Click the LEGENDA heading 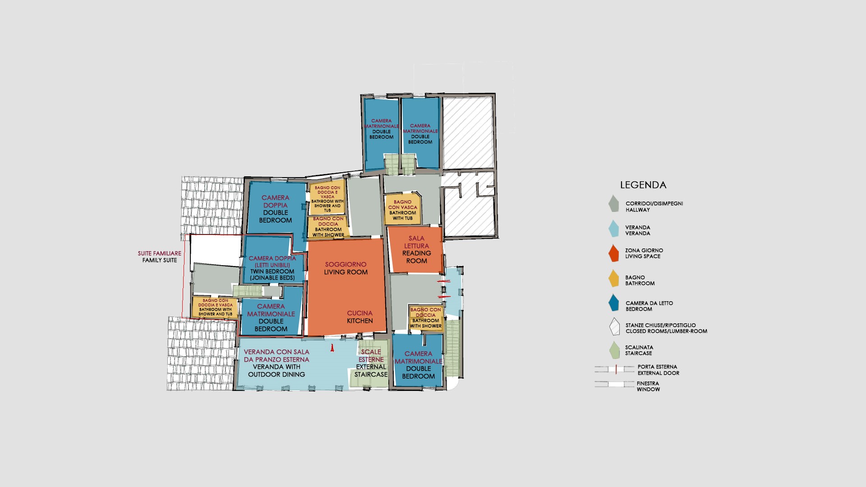[643, 185]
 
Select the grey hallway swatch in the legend [613, 204]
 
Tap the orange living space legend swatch [613, 253]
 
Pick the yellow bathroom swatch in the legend [613, 278]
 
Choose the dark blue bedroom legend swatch [613, 303]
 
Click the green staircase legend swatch [613, 350]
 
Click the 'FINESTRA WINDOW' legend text [648, 386]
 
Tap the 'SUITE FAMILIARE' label [160, 253]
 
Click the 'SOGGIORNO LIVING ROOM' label [346, 268]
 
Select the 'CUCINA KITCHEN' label [359, 317]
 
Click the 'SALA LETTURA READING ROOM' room [415, 250]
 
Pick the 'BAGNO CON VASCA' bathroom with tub [403, 210]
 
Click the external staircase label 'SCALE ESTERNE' [371, 356]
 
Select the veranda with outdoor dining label [276, 363]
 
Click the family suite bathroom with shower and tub [215, 307]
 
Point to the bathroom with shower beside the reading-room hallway [426, 318]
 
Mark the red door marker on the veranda [332, 348]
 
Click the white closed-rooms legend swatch [614, 327]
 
